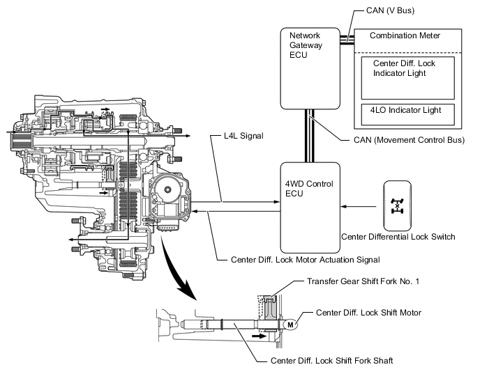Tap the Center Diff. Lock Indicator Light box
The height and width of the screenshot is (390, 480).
[x=407, y=77]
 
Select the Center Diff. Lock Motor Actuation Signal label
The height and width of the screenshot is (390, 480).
[x=305, y=260]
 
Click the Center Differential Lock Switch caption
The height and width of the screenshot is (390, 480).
[x=398, y=237]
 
